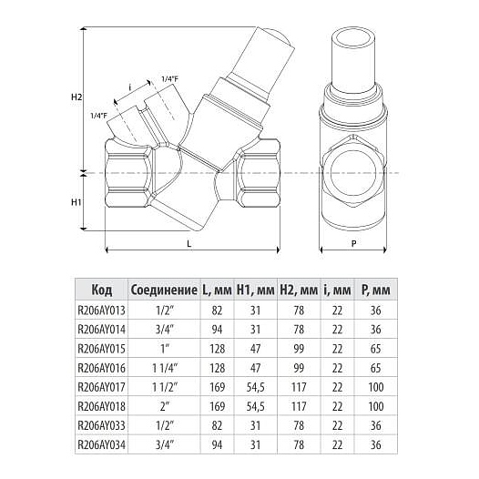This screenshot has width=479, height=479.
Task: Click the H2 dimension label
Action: click(x=76, y=97)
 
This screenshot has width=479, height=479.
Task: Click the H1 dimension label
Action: click(x=76, y=202)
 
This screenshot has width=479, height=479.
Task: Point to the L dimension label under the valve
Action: click(x=189, y=243)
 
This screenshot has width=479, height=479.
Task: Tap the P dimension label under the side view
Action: click(x=353, y=243)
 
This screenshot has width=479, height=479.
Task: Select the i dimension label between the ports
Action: click(x=130, y=87)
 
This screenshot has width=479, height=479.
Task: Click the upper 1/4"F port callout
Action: click(x=169, y=79)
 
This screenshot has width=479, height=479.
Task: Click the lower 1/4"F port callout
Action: click(x=99, y=116)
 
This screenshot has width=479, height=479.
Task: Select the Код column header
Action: click(x=102, y=290)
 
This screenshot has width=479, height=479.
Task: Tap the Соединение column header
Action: click(x=164, y=290)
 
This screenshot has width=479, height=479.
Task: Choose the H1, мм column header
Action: click(x=256, y=290)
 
